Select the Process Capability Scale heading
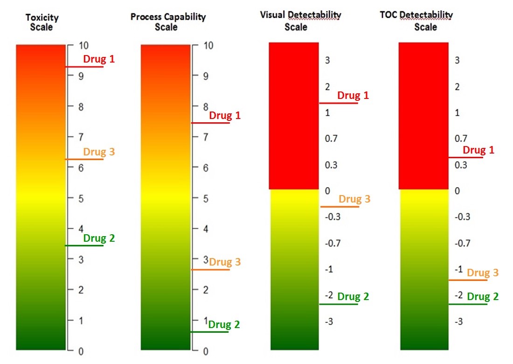point(168,21)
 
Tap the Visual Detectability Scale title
point(300,21)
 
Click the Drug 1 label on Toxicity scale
point(98,59)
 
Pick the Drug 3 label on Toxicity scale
point(99,152)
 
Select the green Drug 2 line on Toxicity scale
point(84,245)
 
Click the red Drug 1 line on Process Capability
point(210,123)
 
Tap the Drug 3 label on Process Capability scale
point(225,262)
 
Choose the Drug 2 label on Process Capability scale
point(224,325)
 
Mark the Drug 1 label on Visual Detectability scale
point(353,95)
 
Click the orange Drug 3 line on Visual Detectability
point(340,206)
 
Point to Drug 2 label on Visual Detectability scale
point(353,296)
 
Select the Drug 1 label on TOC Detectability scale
point(478,150)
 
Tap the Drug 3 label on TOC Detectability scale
point(483,273)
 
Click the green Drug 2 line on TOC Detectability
point(468,304)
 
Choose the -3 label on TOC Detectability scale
point(458,322)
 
